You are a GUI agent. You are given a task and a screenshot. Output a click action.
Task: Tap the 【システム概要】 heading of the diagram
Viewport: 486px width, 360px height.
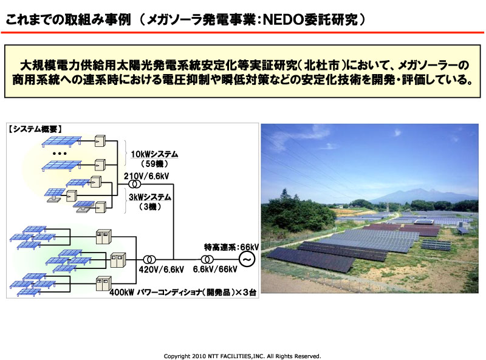click(35, 129)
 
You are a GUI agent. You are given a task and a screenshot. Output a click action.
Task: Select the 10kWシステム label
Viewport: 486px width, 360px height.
click(154, 154)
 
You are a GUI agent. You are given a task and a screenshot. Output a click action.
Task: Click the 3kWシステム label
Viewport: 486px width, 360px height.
click(150, 197)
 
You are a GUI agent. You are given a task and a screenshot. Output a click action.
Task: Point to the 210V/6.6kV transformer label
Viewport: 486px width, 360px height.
click(146, 176)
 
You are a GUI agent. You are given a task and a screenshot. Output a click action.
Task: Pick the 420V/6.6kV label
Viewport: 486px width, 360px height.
click(161, 270)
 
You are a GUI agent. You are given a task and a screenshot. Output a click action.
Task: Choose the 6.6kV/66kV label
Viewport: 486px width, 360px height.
click(215, 269)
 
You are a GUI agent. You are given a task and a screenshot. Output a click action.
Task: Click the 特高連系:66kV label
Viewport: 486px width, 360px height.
click(231, 247)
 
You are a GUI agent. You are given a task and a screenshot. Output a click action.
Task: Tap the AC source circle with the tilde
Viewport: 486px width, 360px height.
click(247, 259)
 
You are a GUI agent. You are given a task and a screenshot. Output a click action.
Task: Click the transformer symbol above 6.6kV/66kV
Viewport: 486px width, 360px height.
click(207, 259)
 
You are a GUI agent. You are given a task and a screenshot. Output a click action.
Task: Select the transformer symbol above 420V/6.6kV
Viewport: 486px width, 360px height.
click(149, 259)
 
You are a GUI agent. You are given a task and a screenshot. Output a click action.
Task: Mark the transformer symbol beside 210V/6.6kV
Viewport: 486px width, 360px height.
click(134, 185)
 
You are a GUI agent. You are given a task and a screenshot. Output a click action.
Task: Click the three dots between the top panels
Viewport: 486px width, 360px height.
click(60, 154)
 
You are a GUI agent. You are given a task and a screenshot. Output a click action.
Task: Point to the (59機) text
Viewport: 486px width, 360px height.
click(154, 163)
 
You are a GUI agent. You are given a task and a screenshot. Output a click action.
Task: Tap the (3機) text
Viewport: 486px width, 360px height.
click(150, 206)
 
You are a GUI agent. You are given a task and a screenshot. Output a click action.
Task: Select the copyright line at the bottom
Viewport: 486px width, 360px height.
click(242, 356)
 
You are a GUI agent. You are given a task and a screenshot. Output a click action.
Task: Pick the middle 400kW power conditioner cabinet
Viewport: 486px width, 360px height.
click(118, 260)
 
